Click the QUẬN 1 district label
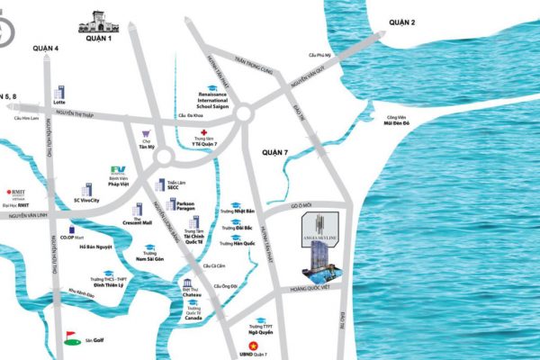pos(98,39)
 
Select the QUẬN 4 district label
pos(43,48)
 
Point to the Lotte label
pos(61,102)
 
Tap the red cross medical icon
pos(204,132)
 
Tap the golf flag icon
pos(71,337)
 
